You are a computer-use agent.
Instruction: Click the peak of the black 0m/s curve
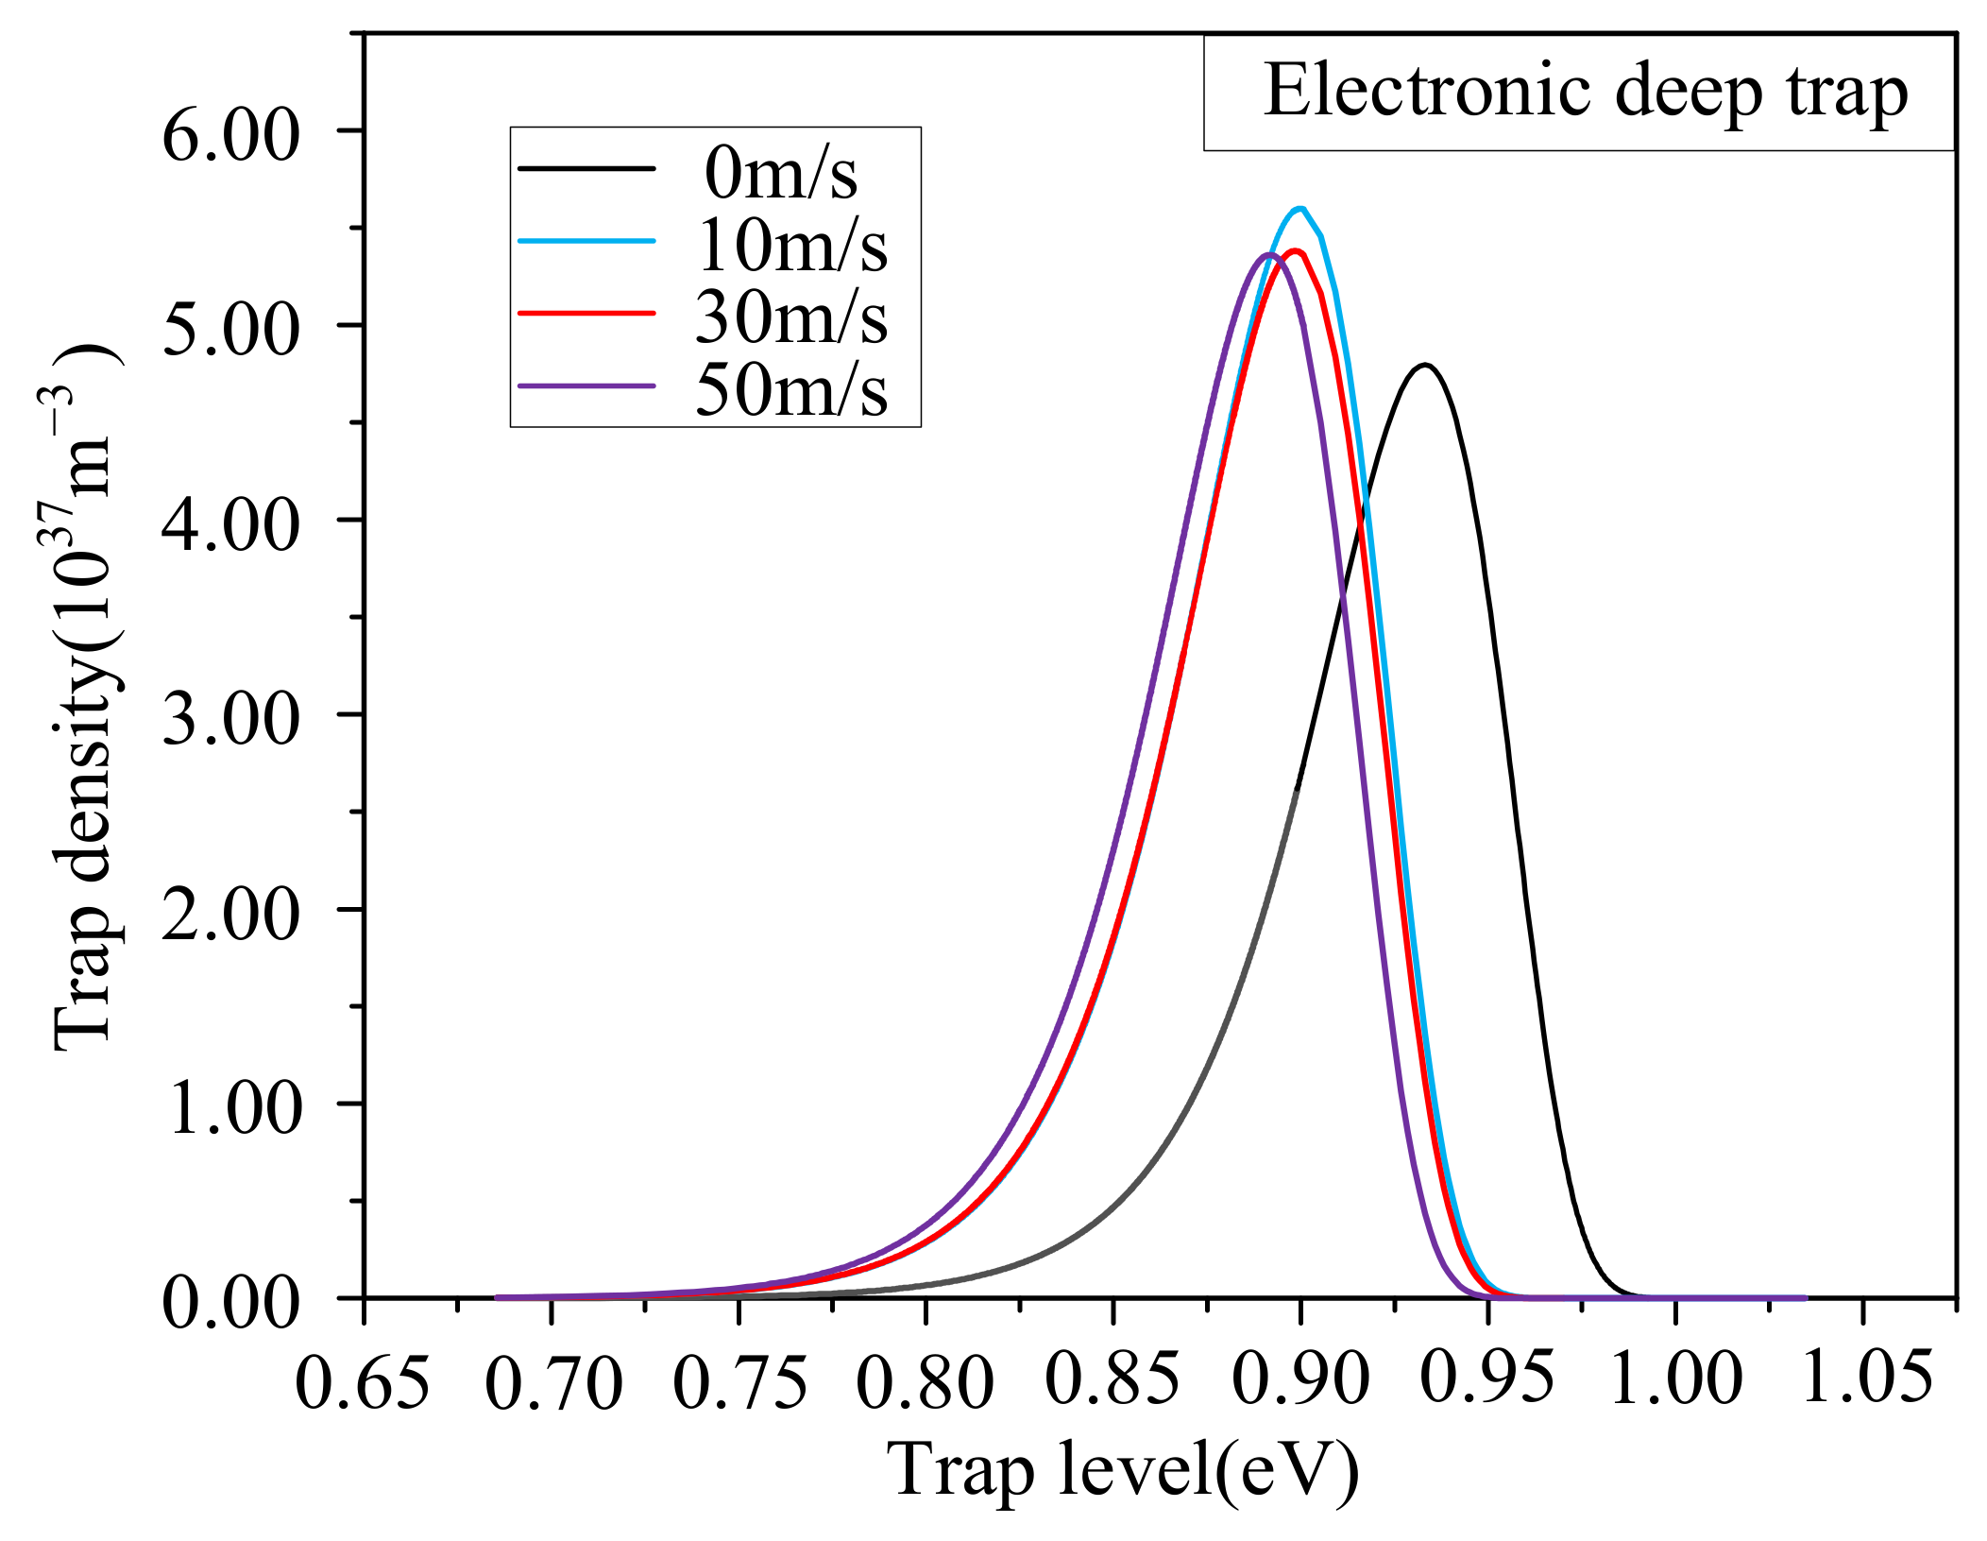click(1424, 365)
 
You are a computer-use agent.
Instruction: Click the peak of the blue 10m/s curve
click(1300, 209)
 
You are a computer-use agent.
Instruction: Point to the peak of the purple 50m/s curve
click(1268, 254)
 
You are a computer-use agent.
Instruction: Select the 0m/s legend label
click(781, 174)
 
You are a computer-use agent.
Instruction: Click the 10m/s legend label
click(791, 246)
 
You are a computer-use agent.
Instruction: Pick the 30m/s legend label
click(791, 317)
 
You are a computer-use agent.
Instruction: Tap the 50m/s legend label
click(791, 389)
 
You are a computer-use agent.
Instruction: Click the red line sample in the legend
click(586, 313)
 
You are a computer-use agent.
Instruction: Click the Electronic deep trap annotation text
click(1586, 92)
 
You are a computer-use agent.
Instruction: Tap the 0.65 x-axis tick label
click(363, 1382)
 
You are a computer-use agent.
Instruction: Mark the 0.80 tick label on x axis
click(925, 1382)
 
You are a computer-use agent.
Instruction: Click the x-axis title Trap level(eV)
click(1122, 1471)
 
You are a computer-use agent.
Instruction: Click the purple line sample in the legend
click(586, 385)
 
